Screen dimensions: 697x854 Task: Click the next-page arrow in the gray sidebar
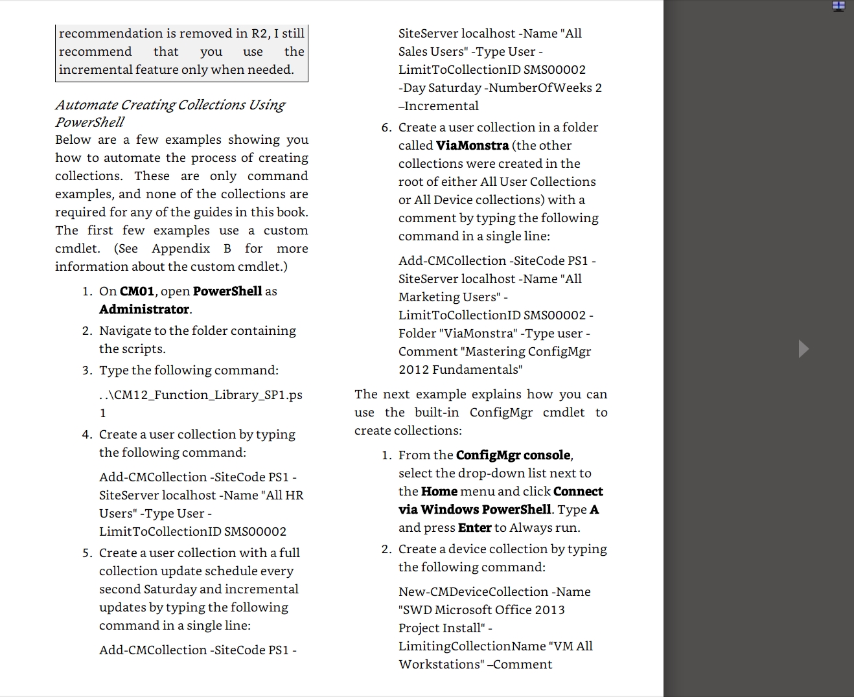(803, 348)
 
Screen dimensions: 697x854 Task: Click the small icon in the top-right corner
(838, 6)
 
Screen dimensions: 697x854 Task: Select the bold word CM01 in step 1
(137, 291)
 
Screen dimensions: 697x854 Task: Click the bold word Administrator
(144, 310)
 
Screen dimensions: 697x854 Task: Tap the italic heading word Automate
(86, 105)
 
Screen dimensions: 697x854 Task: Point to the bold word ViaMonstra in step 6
(472, 146)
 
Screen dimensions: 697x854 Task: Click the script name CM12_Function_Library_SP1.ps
(201, 395)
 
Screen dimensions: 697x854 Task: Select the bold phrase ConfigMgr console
(513, 455)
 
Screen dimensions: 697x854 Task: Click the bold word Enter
(474, 528)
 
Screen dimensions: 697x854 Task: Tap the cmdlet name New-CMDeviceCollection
(473, 592)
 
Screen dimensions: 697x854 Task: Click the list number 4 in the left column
(87, 435)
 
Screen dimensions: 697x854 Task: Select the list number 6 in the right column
(386, 128)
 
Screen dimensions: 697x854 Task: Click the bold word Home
(439, 492)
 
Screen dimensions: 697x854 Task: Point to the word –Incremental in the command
(439, 106)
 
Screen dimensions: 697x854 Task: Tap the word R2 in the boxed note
(258, 34)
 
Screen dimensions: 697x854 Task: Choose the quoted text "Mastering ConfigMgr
(528, 352)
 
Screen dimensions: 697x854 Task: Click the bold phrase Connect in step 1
(578, 492)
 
